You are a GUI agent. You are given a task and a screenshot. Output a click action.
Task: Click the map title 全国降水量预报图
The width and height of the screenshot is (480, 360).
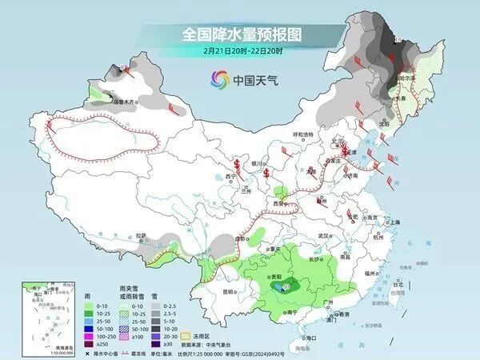click(x=232, y=34)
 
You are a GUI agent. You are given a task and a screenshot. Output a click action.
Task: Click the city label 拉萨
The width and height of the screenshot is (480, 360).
click(x=142, y=236)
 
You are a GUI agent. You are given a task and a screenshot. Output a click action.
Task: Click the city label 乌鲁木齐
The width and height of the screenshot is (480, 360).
click(x=124, y=102)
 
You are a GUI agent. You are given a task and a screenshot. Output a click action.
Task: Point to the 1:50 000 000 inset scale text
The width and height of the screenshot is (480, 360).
click(x=40, y=353)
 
